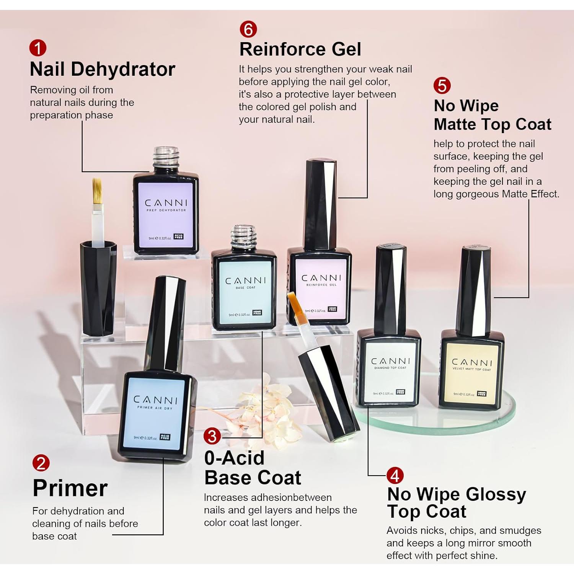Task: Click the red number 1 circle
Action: [38, 48]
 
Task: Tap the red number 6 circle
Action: [248, 29]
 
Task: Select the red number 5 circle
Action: [442, 86]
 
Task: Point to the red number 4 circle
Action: [395, 476]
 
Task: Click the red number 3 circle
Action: [212, 437]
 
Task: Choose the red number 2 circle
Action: [41, 463]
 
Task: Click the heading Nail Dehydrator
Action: [102, 69]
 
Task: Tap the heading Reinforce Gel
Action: [300, 49]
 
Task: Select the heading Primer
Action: [70, 488]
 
